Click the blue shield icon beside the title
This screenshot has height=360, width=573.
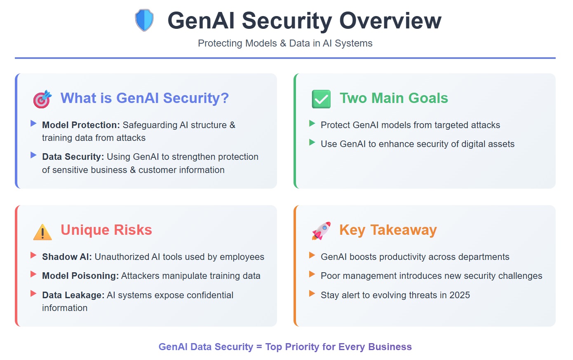[144, 20]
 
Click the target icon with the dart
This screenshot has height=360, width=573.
[42, 99]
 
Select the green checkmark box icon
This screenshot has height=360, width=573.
[321, 99]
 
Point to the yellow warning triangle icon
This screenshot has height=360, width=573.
[42, 232]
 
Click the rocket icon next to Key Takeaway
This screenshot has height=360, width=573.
[321, 231]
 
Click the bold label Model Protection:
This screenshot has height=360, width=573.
[81, 125]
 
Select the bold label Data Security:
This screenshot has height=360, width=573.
[73, 157]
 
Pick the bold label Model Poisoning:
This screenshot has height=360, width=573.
[80, 276]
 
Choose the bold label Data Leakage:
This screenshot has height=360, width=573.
[73, 295]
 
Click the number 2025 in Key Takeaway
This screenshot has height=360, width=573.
[460, 295]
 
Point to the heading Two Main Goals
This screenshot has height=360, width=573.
[394, 98]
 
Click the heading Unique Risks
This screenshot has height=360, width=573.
[106, 230]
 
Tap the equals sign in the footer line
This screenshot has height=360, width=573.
[259, 347]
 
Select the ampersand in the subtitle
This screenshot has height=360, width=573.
[283, 43]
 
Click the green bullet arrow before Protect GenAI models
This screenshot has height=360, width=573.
[312, 124]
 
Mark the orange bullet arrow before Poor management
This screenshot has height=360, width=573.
[312, 274]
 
